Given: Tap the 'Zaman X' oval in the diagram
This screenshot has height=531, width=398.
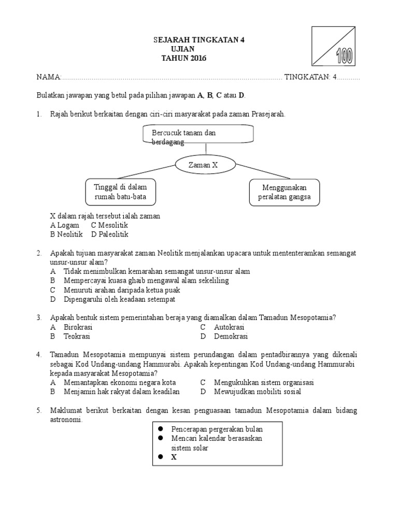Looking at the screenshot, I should tap(206, 164).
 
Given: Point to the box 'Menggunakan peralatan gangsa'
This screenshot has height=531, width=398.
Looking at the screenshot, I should tap(285, 192).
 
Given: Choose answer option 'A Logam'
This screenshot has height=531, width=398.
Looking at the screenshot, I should tap(65, 226).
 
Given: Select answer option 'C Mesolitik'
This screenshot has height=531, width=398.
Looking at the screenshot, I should tap(109, 226).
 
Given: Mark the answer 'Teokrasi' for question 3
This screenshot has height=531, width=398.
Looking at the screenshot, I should tap(77, 336).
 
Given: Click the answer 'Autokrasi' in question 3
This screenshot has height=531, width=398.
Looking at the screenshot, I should tap(229, 327).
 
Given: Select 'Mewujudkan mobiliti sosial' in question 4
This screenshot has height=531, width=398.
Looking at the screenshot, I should tap(257, 392).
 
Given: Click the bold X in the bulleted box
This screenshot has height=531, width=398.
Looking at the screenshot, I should tap(174, 457).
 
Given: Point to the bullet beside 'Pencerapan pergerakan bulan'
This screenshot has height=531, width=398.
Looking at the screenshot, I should tap(161, 429).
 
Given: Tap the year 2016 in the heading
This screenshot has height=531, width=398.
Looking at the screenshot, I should tap(197, 58).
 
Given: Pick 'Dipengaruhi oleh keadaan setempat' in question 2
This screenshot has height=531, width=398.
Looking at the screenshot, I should tap(120, 299).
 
